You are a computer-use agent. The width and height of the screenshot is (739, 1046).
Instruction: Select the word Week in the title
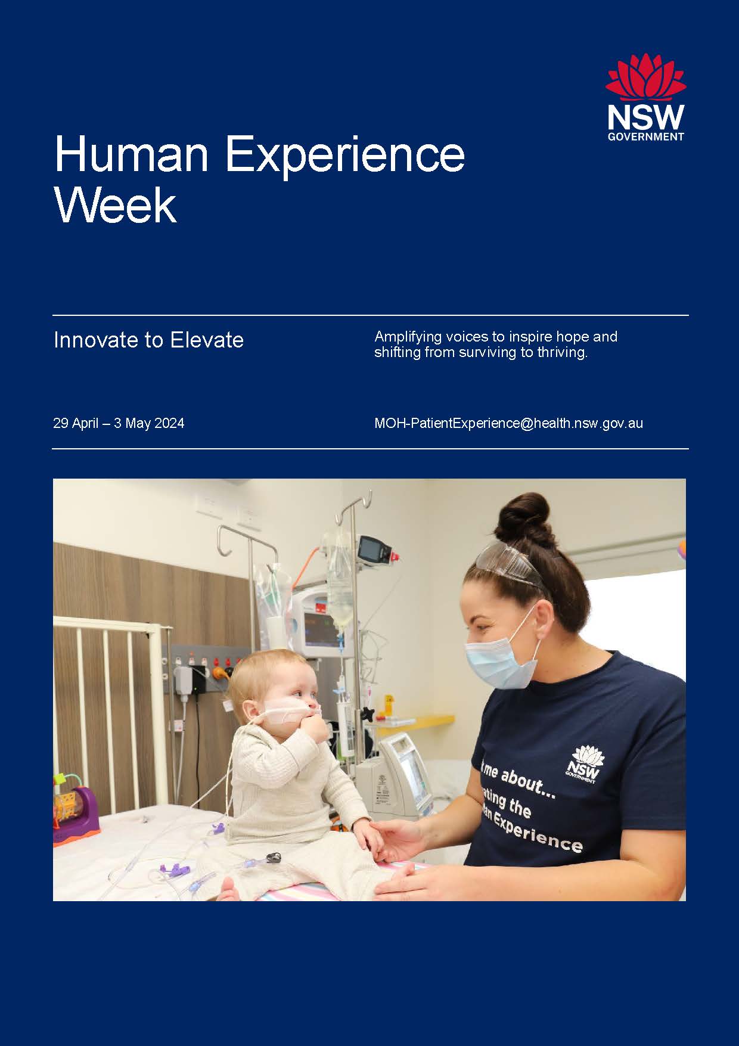pyautogui.click(x=116, y=206)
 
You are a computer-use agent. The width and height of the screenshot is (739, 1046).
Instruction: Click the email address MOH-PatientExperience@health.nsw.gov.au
pyautogui.click(x=508, y=423)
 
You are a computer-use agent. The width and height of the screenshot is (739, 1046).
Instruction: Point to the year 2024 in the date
pyautogui.click(x=169, y=424)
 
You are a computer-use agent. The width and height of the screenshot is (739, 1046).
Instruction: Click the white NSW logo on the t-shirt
pyautogui.click(x=585, y=762)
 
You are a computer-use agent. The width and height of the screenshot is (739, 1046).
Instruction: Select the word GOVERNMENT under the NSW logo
pyautogui.click(x=645, y=136)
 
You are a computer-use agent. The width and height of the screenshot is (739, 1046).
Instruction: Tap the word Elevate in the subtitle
pyautogui.click(x=207, y=340)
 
